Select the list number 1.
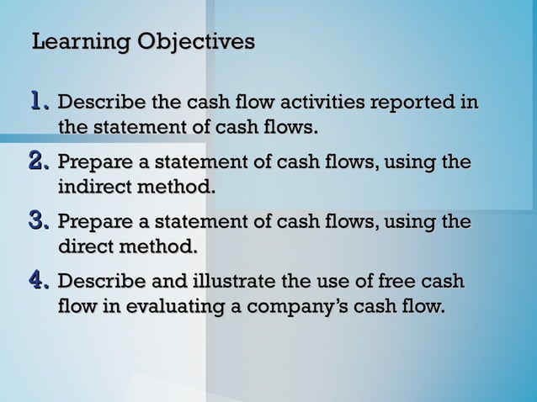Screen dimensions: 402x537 point(40,103)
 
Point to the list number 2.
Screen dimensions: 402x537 point(40,161)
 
